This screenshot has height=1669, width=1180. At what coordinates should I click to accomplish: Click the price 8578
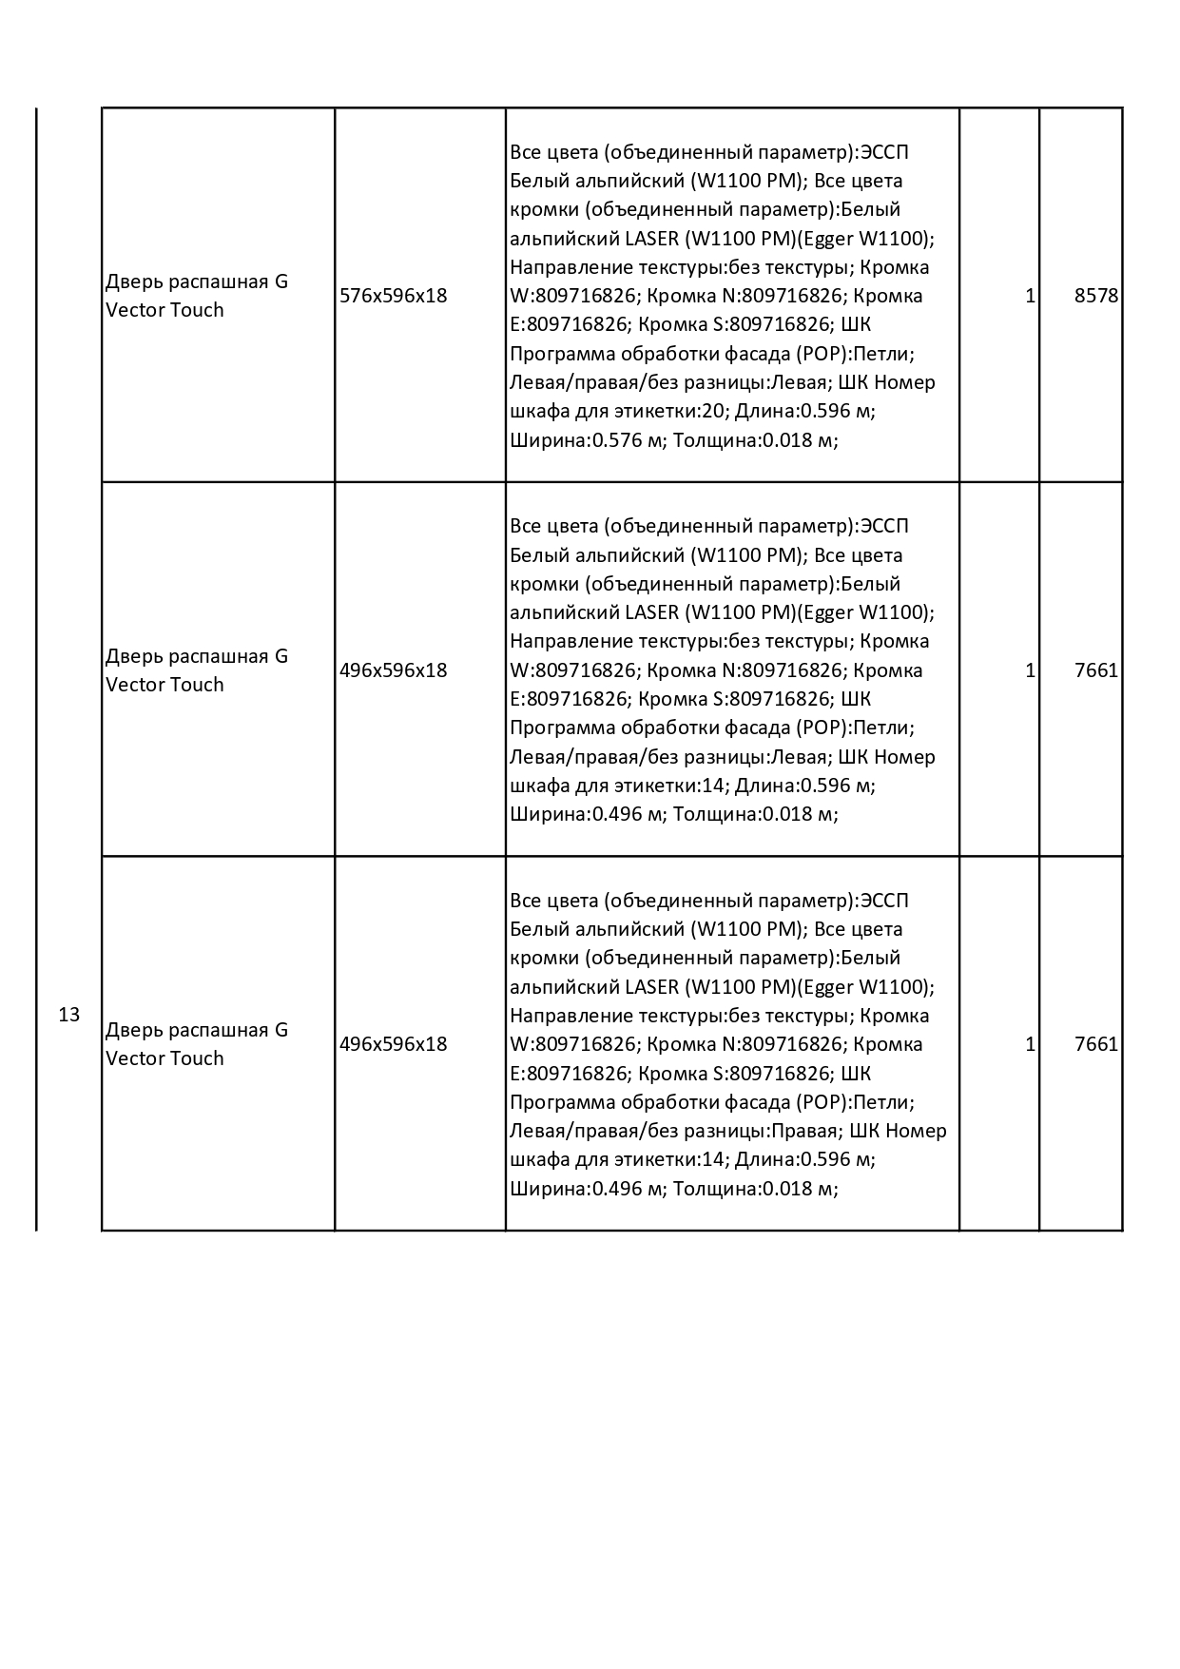pos(1095,296)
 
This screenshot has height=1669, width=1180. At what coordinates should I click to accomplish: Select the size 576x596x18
pos(393,296)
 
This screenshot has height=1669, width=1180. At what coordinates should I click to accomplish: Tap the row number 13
pos(69,1015)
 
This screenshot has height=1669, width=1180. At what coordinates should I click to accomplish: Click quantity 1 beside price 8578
pos(1030,296)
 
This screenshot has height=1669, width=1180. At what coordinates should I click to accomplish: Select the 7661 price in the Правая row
pos(1095,1044)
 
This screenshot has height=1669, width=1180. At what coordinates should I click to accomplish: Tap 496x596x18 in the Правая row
pos(393,1044)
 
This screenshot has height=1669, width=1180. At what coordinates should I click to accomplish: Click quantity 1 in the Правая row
pos(1030,1044)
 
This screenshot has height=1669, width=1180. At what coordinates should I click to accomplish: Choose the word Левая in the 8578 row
pos(798,382)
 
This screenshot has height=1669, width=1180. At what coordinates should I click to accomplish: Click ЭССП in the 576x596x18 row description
pos(884,152)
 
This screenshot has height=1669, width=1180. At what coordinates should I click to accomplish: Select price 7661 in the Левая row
pos(1095,670)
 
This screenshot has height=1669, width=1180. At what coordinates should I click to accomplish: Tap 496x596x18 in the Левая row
pos(393,670)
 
